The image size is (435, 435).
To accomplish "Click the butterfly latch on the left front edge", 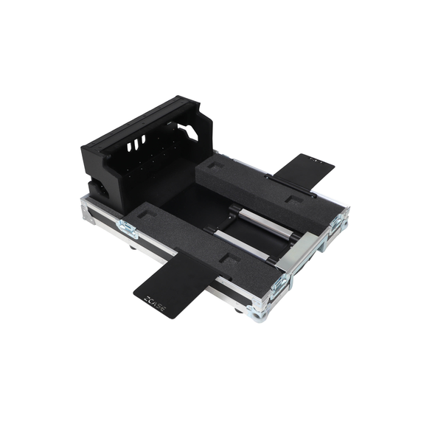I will coord(126,229).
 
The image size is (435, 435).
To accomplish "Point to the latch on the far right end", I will coord(338,220).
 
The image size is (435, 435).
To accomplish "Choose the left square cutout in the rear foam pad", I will coord(217,166).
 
